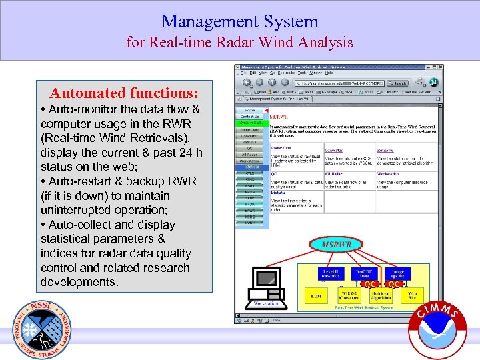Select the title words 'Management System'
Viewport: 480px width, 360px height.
(x=239, y=21)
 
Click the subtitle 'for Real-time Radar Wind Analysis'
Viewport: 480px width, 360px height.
(x=239, y=43)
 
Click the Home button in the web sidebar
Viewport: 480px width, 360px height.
(x=250, y=110)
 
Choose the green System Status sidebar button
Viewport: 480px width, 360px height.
(x=250, y=123)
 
